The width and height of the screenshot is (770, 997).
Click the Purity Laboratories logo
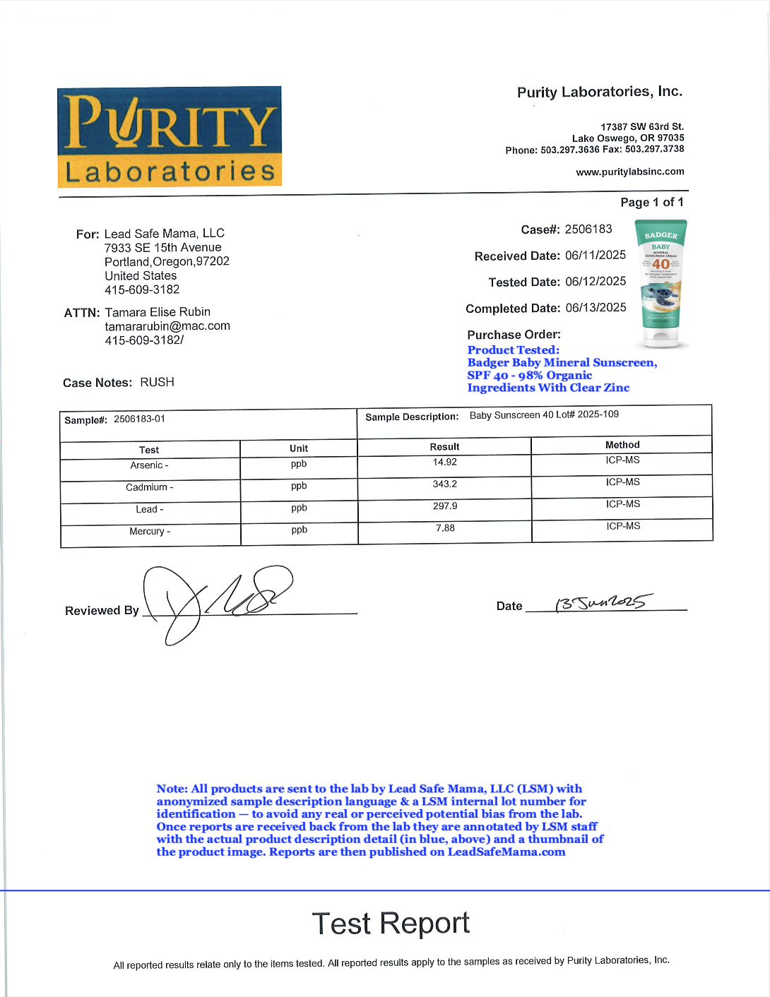point(170,137)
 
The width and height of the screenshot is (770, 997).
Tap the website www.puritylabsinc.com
point(629,172)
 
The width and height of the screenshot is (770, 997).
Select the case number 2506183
point(588,229)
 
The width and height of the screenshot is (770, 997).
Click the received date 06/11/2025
point(596,255)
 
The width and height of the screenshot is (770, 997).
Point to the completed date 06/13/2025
point(596,307)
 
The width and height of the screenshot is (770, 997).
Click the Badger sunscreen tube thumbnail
point(661,284)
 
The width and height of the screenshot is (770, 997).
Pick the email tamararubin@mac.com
point(167,326)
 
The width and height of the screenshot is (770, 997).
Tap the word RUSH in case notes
point(157,382)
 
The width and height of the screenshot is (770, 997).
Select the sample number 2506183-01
point(139,419)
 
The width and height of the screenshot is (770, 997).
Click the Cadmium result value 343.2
point(445,484)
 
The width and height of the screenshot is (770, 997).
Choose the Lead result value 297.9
point(445,506)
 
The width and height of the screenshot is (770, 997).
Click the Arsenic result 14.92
point(445,462)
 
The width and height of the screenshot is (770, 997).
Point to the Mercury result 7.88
point(445,528)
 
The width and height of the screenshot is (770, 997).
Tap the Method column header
point(622,445)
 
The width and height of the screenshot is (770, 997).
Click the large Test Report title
point(391,924)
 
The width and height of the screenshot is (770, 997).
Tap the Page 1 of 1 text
point(651,203)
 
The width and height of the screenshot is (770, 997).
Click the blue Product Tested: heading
point(513,350)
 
